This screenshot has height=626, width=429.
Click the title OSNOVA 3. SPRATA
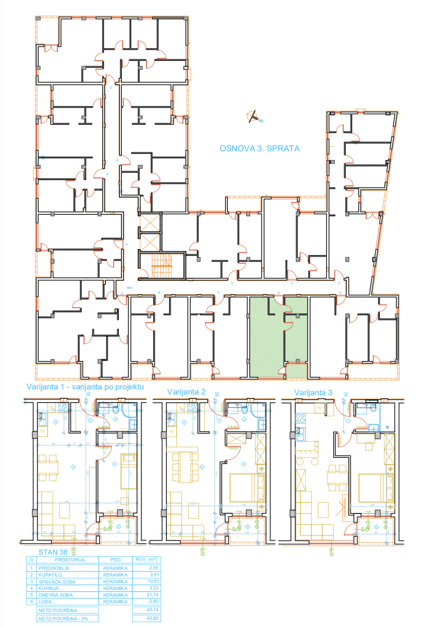[x=260, y=148]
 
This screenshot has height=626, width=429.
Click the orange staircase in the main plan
[x=162, y=266]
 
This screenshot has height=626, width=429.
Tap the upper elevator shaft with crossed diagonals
[x=150, y=222]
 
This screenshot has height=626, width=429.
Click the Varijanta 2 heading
[x=186, y=392]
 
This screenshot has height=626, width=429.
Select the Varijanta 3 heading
[x=313, y=393]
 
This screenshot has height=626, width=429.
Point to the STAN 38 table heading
[x=53, y=552]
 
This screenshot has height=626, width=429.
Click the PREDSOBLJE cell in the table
[x=54, y=568]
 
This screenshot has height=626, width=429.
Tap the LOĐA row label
[x=45, y=602]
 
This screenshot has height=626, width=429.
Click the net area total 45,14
[x=152, y=610]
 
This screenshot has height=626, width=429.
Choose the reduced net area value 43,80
[x=152, y=618]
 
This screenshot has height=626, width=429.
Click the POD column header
[x=115, y=560]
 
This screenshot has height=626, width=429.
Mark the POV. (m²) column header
[x=146, y=560]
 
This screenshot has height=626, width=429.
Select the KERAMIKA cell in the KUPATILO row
[x=115, y=575]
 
